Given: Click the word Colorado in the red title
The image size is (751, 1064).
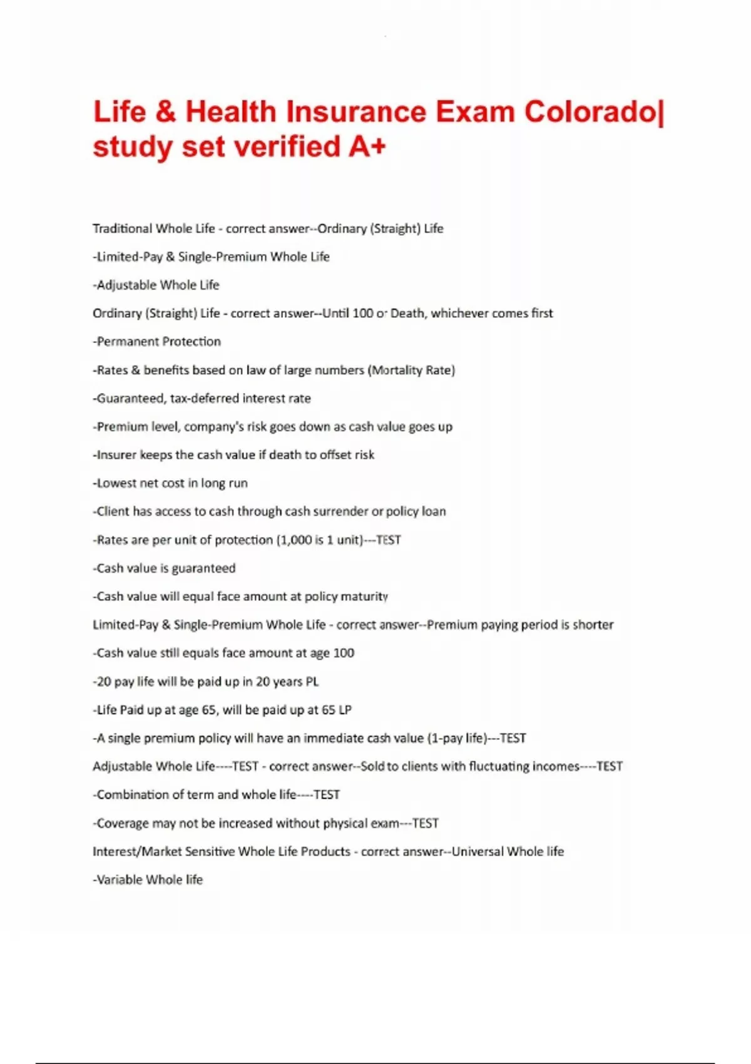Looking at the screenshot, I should coord(591,113).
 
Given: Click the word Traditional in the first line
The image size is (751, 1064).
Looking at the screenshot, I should coord(122,228).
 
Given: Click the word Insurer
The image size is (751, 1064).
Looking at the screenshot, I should coord(116,455).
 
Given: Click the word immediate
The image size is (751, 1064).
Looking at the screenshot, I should coord(333,738).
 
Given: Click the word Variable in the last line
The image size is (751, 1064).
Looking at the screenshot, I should coord(120,879).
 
